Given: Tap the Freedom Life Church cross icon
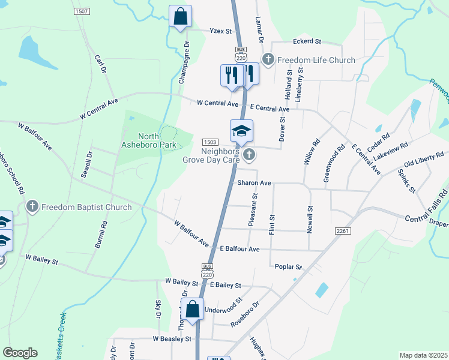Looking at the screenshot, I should pos(268,59).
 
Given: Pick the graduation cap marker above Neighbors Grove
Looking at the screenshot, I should pos(241,131).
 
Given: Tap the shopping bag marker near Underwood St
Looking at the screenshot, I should pos(193,310).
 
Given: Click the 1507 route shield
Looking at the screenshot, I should pos(82,11).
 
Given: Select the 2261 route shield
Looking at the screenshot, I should pos(343,230).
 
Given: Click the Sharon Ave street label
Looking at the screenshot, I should pos(254,182).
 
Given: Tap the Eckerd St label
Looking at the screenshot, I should pos(307,41).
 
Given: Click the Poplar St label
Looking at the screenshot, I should pos(288,266).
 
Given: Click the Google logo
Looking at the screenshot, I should pos(20,353).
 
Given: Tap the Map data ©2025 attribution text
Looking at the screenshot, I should pos(423,355).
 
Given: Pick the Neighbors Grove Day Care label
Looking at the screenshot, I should pos(211,155).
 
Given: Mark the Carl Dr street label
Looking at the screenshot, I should pos(100,64).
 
